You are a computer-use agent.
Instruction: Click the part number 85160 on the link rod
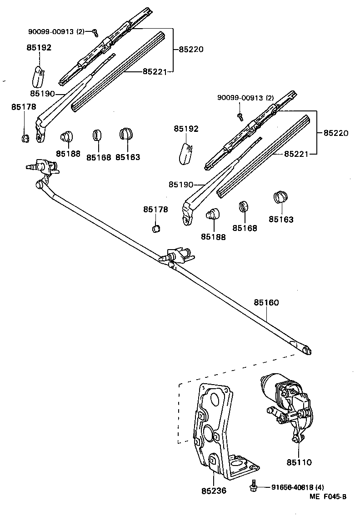pos(266,302)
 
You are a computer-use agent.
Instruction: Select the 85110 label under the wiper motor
pos(299,462)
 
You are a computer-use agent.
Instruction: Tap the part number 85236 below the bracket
pos(214,491)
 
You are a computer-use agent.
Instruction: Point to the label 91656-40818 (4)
pos(298,487)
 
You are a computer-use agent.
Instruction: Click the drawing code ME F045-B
pos(328,497)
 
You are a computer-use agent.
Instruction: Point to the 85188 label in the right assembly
pos(213,237)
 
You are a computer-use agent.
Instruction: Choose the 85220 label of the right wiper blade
pos(336,134)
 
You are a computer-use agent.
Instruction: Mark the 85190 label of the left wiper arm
pos(42,94)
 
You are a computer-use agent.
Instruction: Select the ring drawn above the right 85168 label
pos(244,205)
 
